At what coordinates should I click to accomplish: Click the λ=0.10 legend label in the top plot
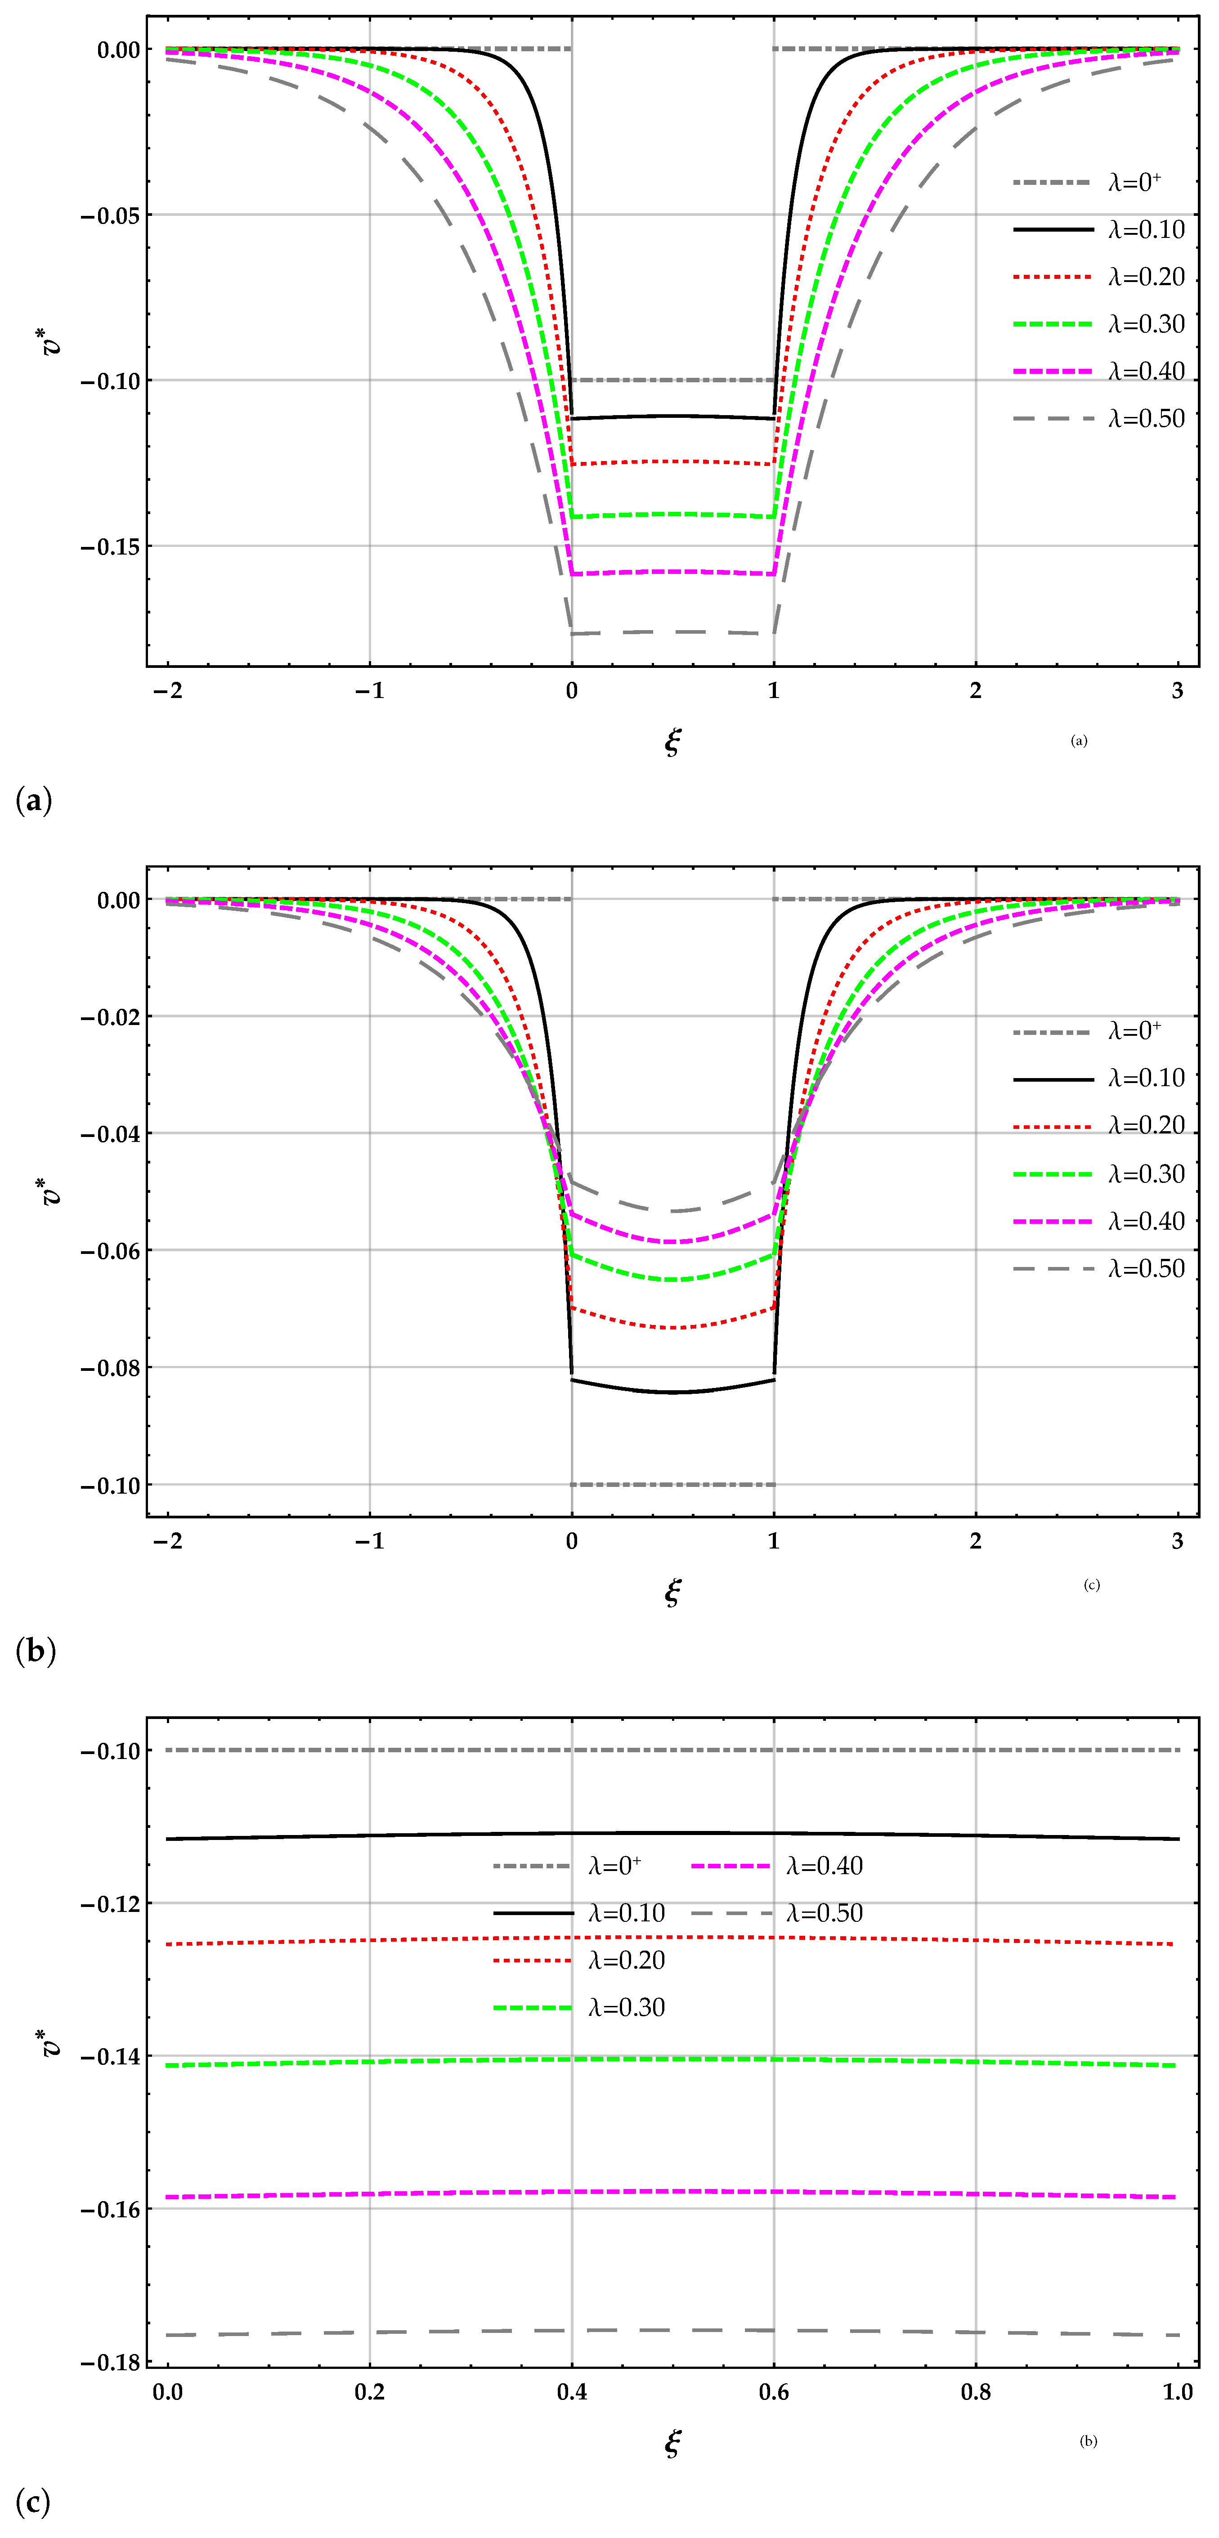point(1146,229)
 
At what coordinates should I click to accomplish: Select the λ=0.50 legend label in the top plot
point(1146,419)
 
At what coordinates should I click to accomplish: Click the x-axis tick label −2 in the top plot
point(167,691)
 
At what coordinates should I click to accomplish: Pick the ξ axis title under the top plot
point(672,742)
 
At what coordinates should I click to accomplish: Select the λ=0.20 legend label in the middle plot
point(1146,1125)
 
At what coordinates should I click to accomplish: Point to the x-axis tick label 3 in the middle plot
point(1178,1541)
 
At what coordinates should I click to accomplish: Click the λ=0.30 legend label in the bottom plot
point(627,2008)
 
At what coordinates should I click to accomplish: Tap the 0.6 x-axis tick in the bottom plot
point(774,2392)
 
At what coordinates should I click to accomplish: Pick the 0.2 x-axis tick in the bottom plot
point(370,2392)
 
